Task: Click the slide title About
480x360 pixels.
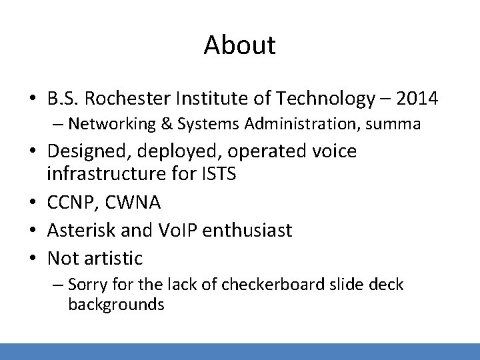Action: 239,45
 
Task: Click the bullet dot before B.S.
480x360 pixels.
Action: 33,100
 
